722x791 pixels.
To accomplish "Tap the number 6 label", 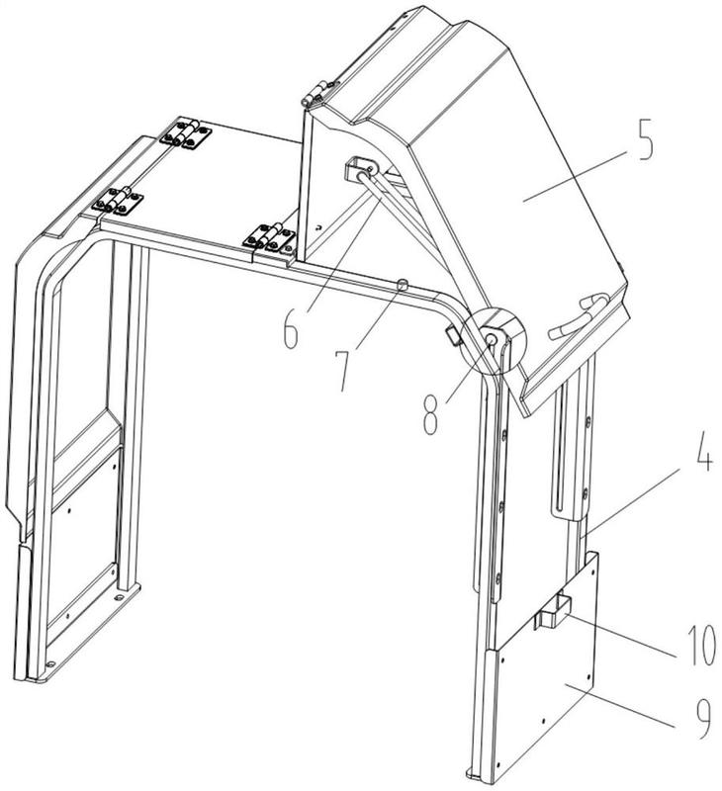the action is tap(290, 326).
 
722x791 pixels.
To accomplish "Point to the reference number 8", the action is tap(430, 412).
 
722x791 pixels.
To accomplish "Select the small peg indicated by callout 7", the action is tap(403, 286).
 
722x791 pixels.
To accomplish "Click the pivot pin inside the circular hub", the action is tap(491, 340).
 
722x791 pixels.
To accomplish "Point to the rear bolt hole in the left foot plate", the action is tap(119, 597).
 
